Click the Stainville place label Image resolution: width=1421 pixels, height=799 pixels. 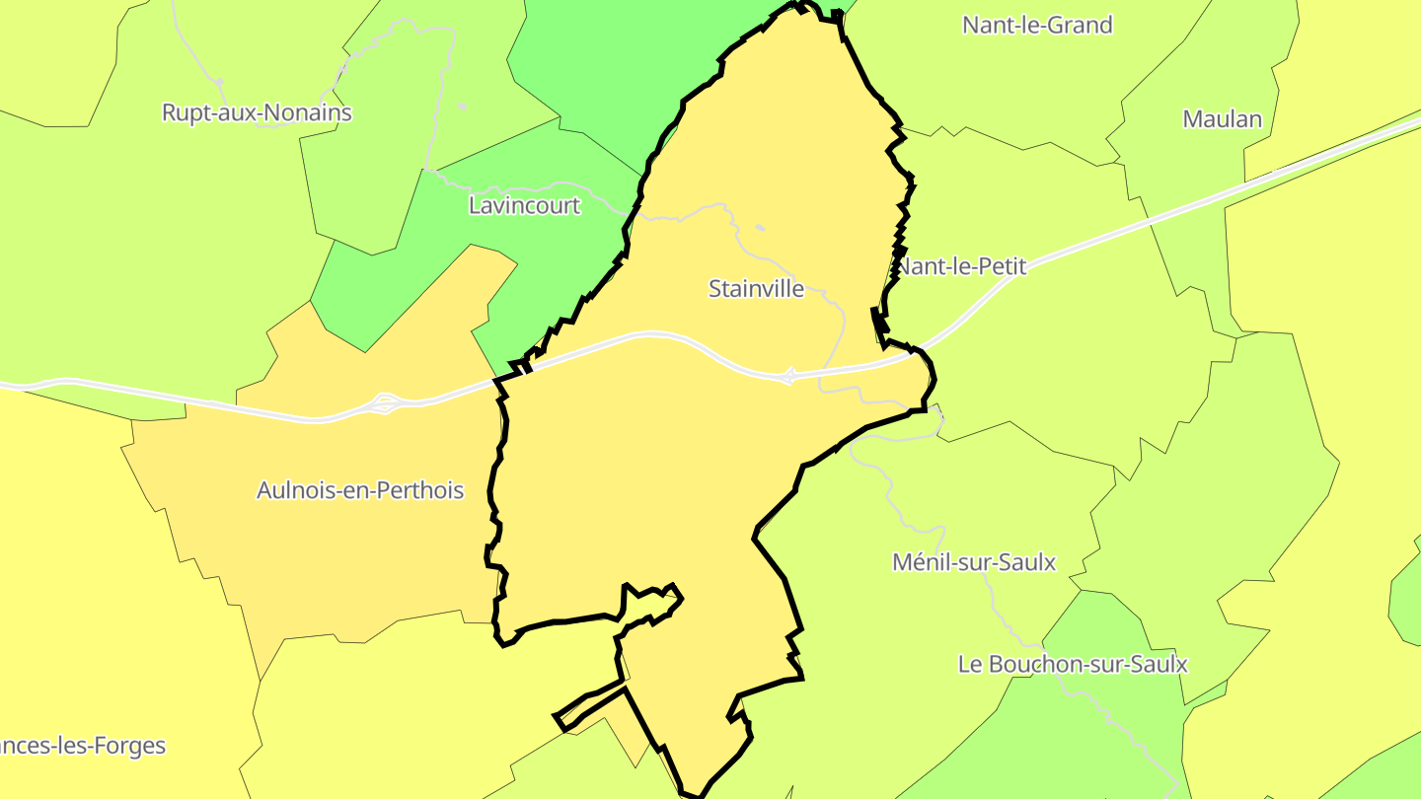[x=756, y=289]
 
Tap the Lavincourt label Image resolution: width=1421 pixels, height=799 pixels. [x=524, y=206]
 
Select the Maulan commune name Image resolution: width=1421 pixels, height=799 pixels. [x=1222, y=119]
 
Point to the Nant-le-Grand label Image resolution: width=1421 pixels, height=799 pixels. [x=1037, y=25]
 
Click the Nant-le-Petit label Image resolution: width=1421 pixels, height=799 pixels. [x=961, y=266]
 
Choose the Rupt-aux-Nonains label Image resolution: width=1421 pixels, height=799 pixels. [x=257, y=112]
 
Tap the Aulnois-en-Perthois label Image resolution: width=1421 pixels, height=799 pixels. [x=359, y=490]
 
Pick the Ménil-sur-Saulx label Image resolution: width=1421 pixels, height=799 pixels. [x=973, y=562]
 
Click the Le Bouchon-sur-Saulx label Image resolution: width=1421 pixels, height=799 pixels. [x=1073, y=664]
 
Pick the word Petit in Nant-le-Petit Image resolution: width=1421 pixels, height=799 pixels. [x=1001, y=266]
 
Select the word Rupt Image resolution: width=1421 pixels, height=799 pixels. [x=184, y=112]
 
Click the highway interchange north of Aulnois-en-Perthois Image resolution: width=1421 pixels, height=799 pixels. [x=385, y=403]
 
